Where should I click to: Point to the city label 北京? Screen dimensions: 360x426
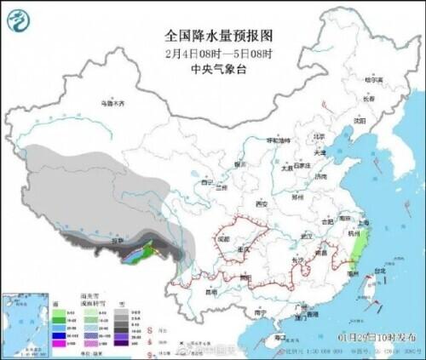[318, 136]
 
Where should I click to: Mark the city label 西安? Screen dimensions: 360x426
[261, 204]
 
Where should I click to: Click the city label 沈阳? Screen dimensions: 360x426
[371, 121]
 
